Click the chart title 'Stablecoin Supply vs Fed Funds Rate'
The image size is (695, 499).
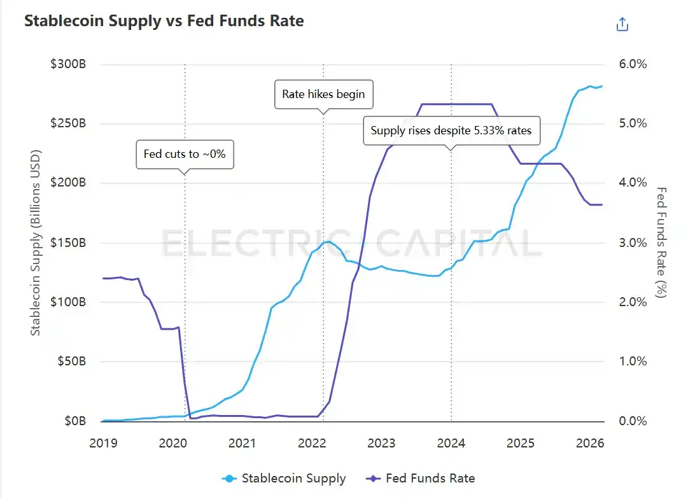coord(164,21)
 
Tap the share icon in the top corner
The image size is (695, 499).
coord(622,25)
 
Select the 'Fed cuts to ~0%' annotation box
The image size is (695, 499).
coord(185,154)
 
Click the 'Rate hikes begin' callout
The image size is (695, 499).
coord(323,94)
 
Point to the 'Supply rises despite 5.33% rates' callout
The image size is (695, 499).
coord(451,132)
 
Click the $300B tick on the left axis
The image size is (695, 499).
coord(68,65)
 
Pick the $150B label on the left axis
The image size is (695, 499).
coord(68,243)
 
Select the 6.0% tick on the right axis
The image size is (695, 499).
coord(633,65)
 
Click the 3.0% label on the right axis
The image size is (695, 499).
coord(633,243)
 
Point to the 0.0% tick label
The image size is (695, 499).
coord(633,421)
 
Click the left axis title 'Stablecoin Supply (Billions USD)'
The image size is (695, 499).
coord(36,242)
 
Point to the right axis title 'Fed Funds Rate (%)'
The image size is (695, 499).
coord(662,242)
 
